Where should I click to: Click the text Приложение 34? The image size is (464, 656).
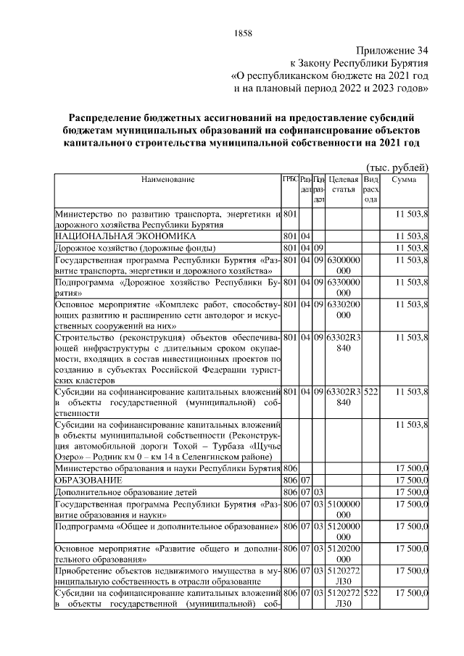coord(392,51)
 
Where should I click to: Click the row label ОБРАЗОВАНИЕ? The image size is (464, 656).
coord(89,480)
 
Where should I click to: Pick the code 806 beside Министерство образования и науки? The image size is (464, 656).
coord(291,468)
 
